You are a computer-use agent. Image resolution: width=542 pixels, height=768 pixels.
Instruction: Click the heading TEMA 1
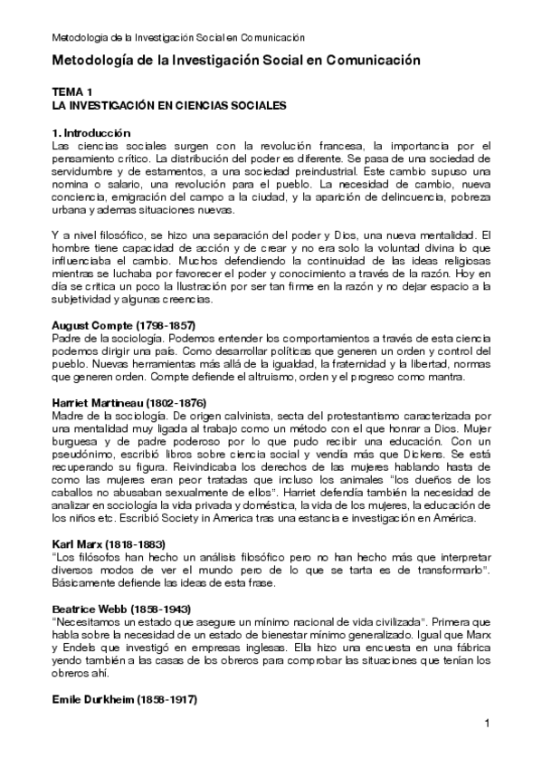pos(73,92)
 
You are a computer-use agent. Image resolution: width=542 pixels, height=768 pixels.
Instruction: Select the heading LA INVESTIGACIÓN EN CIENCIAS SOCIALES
pos(170,105)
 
